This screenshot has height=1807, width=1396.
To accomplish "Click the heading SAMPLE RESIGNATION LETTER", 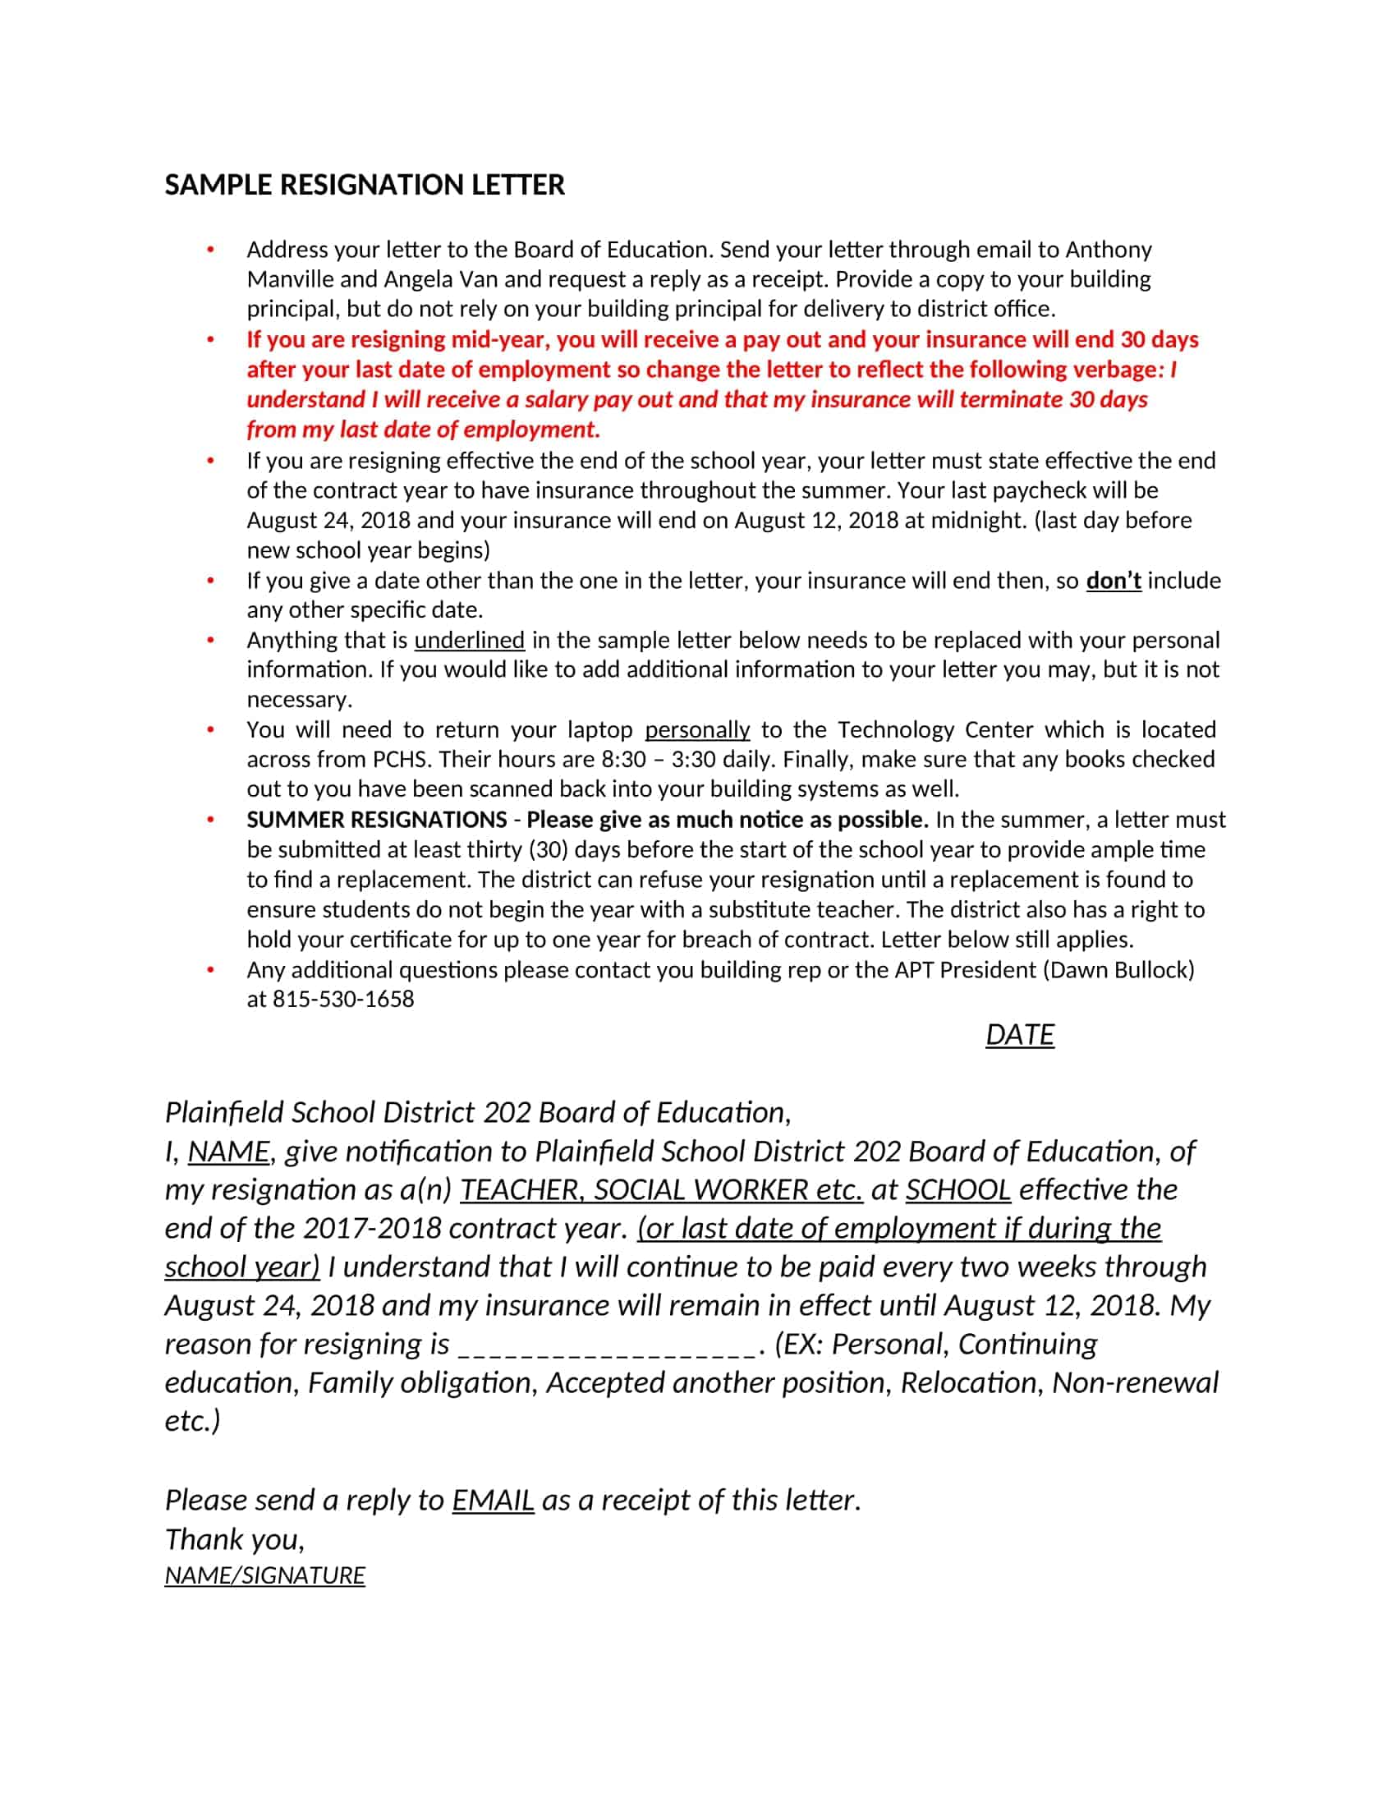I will (365, 185).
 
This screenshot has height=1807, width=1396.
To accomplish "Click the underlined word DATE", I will (1019, 1035).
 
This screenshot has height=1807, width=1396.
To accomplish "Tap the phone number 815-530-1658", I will (343, 1000).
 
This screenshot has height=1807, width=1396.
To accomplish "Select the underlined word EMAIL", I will (492, 1500).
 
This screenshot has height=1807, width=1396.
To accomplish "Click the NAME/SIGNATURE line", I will (264, 1575).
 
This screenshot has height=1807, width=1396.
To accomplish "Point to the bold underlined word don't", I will (1114, 581).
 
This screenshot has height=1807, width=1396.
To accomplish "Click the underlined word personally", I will (697, 729).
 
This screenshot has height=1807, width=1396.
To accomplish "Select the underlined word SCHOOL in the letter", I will (957, 1190).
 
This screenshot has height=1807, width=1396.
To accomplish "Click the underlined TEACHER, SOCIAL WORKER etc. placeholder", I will (661, 1190).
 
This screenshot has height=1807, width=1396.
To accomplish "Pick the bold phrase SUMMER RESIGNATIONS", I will (376, 820).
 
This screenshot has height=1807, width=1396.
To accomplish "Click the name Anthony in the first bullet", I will (1109, 250).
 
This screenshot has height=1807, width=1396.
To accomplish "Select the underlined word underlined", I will (469, 641).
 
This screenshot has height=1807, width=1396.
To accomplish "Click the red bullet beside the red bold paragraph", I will (211, 340).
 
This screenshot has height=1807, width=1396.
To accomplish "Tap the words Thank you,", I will (235, 1540).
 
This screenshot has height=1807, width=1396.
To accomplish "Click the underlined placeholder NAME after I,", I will (228, 1152).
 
